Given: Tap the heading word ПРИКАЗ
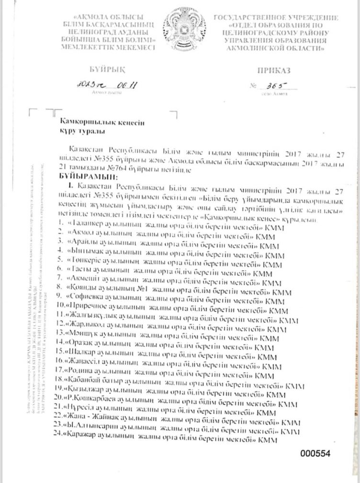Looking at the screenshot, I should click(x=274, y=70).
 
